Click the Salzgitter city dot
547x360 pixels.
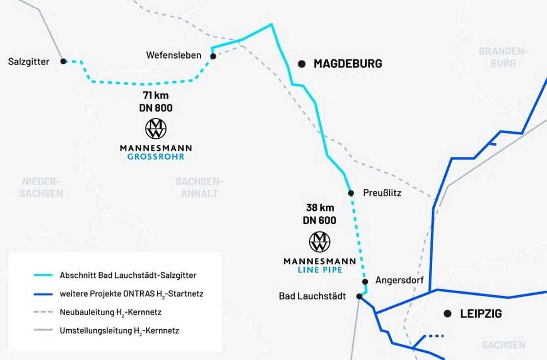pyautogui.click(x=63, y=61)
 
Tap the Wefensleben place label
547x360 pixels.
pyautogui.click(x=173, y=55)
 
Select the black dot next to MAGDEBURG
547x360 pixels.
pyautogui.click(x=302, y=64)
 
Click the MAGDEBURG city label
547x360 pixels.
pyautogui.click(x=348, y=64)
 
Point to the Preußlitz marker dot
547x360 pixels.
pyautogui.click(x=351, y=193)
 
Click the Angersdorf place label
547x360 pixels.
pyautogui.click(x=400, y=280)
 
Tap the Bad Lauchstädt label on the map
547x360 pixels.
pyautogui.click(x=312, y=296)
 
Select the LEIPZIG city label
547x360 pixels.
pyautogui.click(x=481, y=314)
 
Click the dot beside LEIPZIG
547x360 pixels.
pyautogui.click(x=447, y=314)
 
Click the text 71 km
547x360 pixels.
pyautogui.click(x=156, y=95)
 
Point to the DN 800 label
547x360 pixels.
pyautogui.click(x=156, y=108)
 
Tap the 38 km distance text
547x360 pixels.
pyautogui.click(x=320, y=207)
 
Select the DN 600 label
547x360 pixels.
pyautogui.click(x=320, y=220)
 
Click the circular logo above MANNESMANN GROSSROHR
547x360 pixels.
pyautogui.click(x=156, y=128)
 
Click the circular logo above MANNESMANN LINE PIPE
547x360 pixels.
pyautogui.click(x=320, y=242)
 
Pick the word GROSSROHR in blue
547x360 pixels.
pyautogui.click(x=156, y=157)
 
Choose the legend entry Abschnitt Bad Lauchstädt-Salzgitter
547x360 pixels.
pyautogui.click(x=128, y=275)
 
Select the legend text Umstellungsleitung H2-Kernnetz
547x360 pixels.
pyautogui.click(x=119, y=331)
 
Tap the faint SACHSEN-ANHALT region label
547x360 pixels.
pyautogui.click(x=199, y=188)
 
